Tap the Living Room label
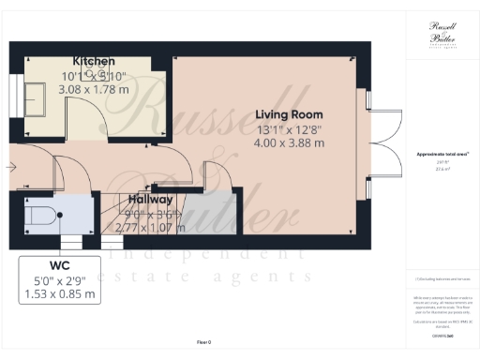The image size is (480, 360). coord(289,114)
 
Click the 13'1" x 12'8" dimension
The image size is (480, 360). coord(289,128)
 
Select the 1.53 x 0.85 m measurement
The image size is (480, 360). coord(59,293)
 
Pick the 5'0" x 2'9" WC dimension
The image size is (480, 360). coord(59,279)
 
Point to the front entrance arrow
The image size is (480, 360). coord(9,167)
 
